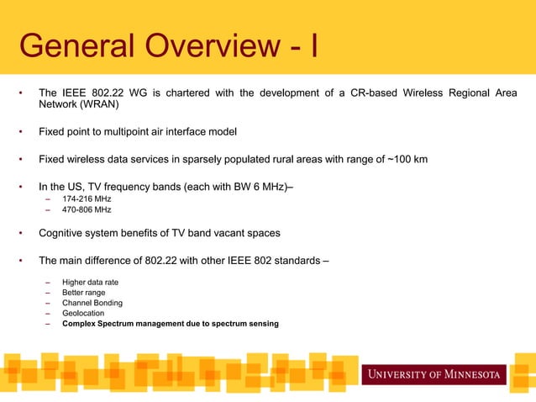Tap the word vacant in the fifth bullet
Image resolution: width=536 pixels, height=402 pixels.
coord(221,232)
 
